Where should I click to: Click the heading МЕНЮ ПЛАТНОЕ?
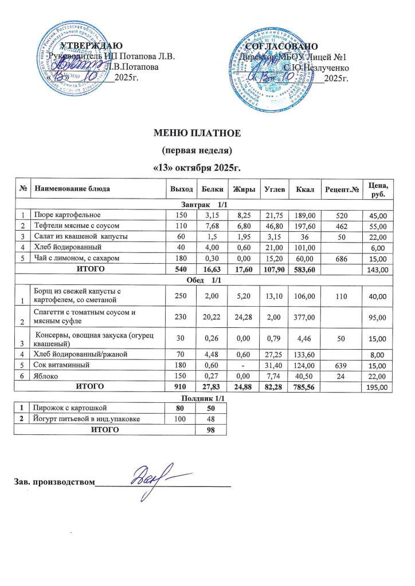pos(197,134)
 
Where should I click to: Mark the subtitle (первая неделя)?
pos(197,151)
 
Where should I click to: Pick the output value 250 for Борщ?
pos(177,295)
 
